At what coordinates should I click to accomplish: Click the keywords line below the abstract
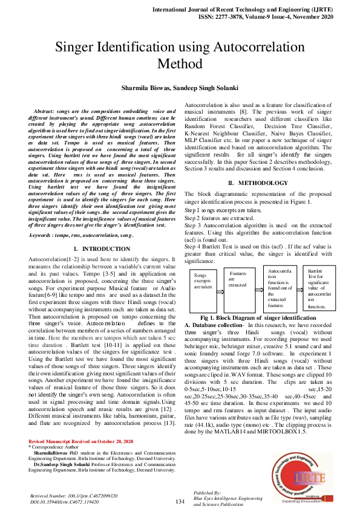tap(81, 234)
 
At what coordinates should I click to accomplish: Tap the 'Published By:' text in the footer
tap(208, 492)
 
